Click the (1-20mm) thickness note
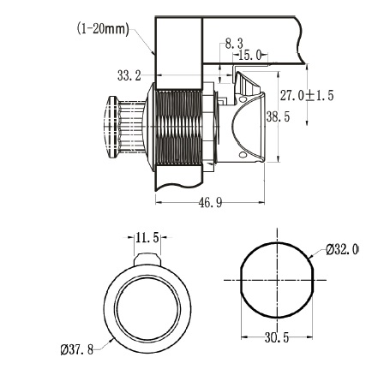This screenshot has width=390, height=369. pos(103,29)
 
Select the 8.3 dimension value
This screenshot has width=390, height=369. pos(234,44)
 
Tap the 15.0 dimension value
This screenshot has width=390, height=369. pos(250,55)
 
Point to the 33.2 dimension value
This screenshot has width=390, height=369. pos(129,75)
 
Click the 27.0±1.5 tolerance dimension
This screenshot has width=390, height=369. pos(307,95)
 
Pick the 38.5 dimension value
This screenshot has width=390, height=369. pos(278,116)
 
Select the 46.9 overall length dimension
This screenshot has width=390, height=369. pos(210,203)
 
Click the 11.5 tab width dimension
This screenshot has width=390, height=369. pos(147,237)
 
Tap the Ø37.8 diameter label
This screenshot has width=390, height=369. pos(77,349)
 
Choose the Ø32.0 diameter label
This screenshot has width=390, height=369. pos(342,250)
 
